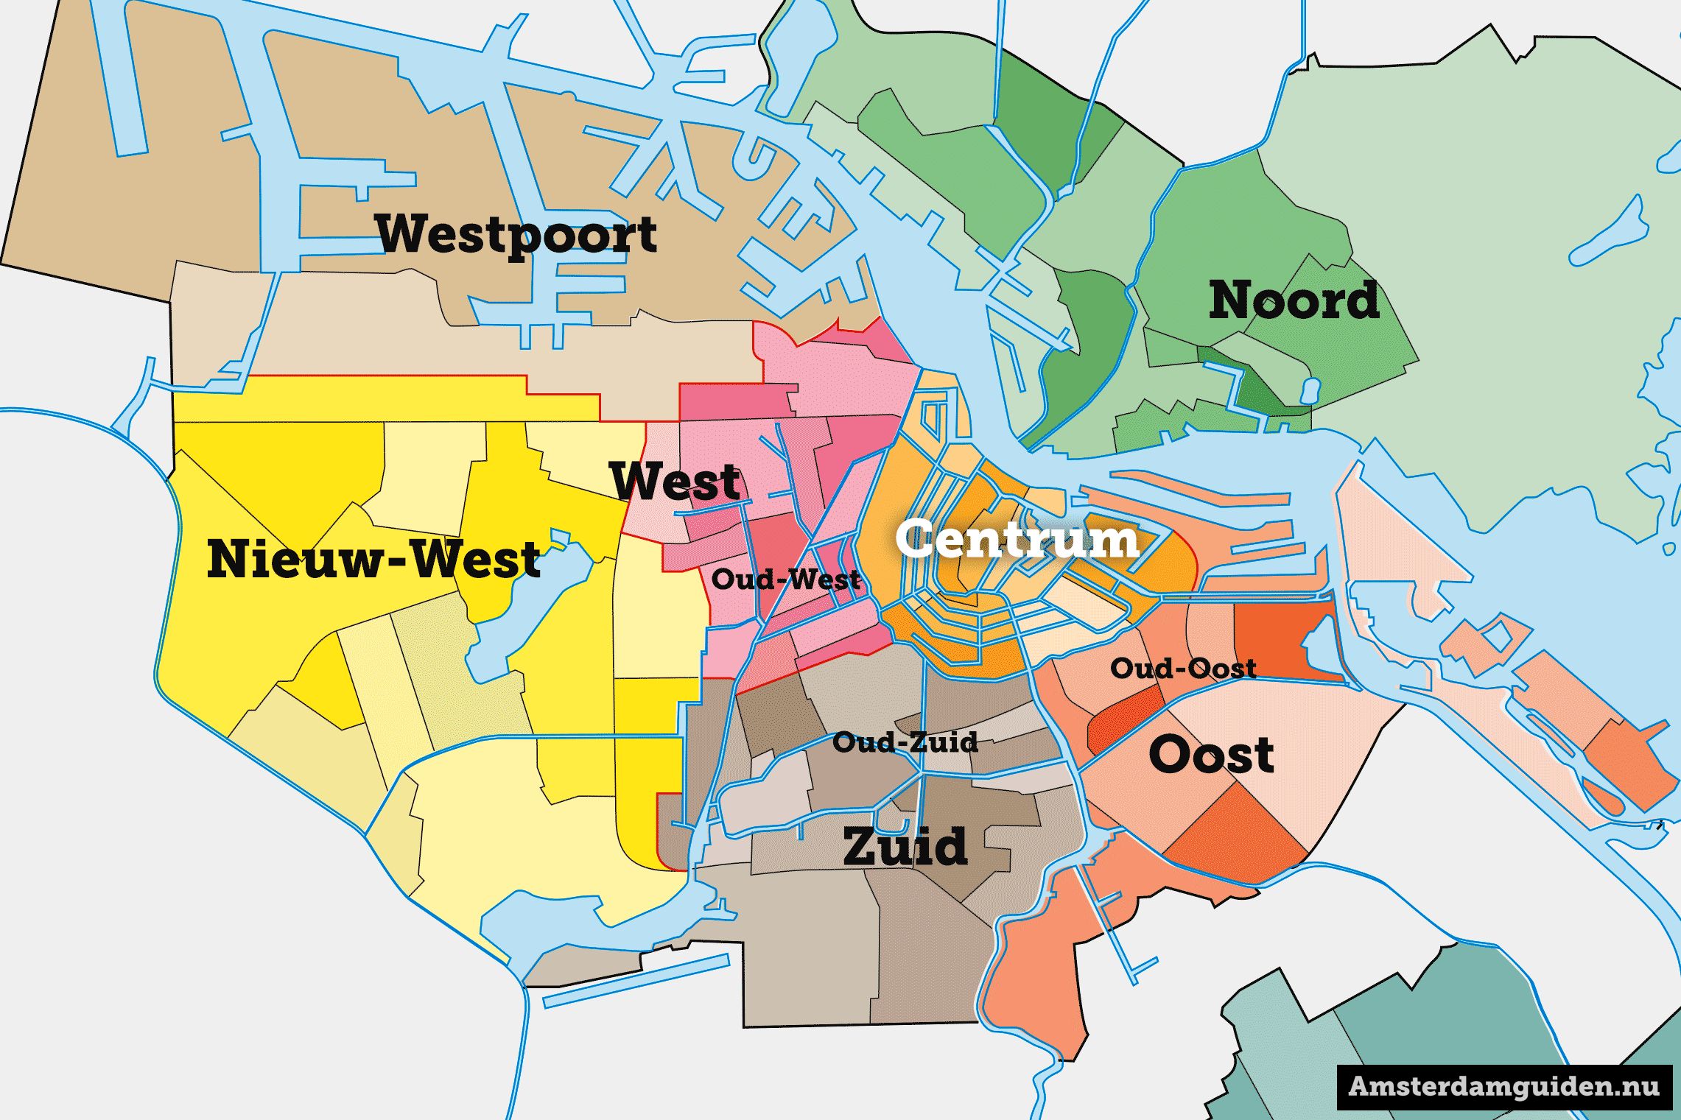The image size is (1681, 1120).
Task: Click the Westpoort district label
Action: (x=516, y=234)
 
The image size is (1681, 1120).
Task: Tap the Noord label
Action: (x=1294, y=300)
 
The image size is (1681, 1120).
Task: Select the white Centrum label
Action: (x=1017, y=539)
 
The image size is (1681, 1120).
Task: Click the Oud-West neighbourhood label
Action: (x=785, y=580)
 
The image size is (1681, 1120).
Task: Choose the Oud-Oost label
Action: (x=1183, y=669)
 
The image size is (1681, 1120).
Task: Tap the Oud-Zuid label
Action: (x=905, y=742)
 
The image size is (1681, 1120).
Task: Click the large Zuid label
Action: (x=905, y=846)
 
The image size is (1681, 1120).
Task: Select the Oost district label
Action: (x=1211, y=755)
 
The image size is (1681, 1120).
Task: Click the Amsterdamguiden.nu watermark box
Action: (x=1504, y=1087)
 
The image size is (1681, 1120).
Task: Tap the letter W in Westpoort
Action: (x=401, y=233)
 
